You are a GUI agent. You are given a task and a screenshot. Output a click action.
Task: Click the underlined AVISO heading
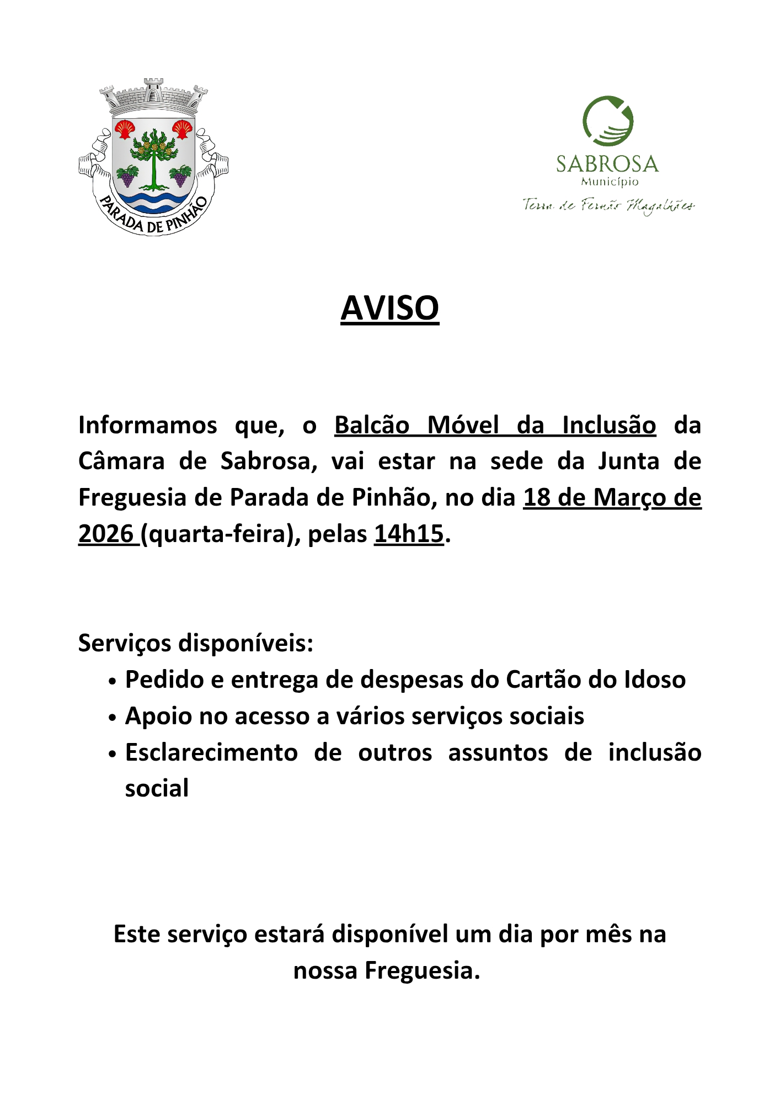coord(389,308)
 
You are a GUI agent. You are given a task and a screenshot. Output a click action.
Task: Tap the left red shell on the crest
coord(124,130)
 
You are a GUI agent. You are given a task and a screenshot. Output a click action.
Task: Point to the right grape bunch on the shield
coord(180,176)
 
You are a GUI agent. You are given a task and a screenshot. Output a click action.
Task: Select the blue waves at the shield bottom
coord(153,201)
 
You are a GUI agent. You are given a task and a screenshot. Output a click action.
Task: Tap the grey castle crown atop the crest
coord(153,97)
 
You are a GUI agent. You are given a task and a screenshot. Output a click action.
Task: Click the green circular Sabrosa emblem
coord(608,121)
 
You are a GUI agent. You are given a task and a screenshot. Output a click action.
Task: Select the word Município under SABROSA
coord(609,182)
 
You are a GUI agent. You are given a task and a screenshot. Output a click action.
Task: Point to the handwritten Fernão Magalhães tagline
coord(608,205)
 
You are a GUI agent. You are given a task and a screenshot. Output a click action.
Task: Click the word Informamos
coord(148,426)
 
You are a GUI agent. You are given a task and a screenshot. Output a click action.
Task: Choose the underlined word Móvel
coord(463,426)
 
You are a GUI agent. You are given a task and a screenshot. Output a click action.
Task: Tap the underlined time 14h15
coord(409,534)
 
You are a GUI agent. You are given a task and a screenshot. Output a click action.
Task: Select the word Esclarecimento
coord(211,752)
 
